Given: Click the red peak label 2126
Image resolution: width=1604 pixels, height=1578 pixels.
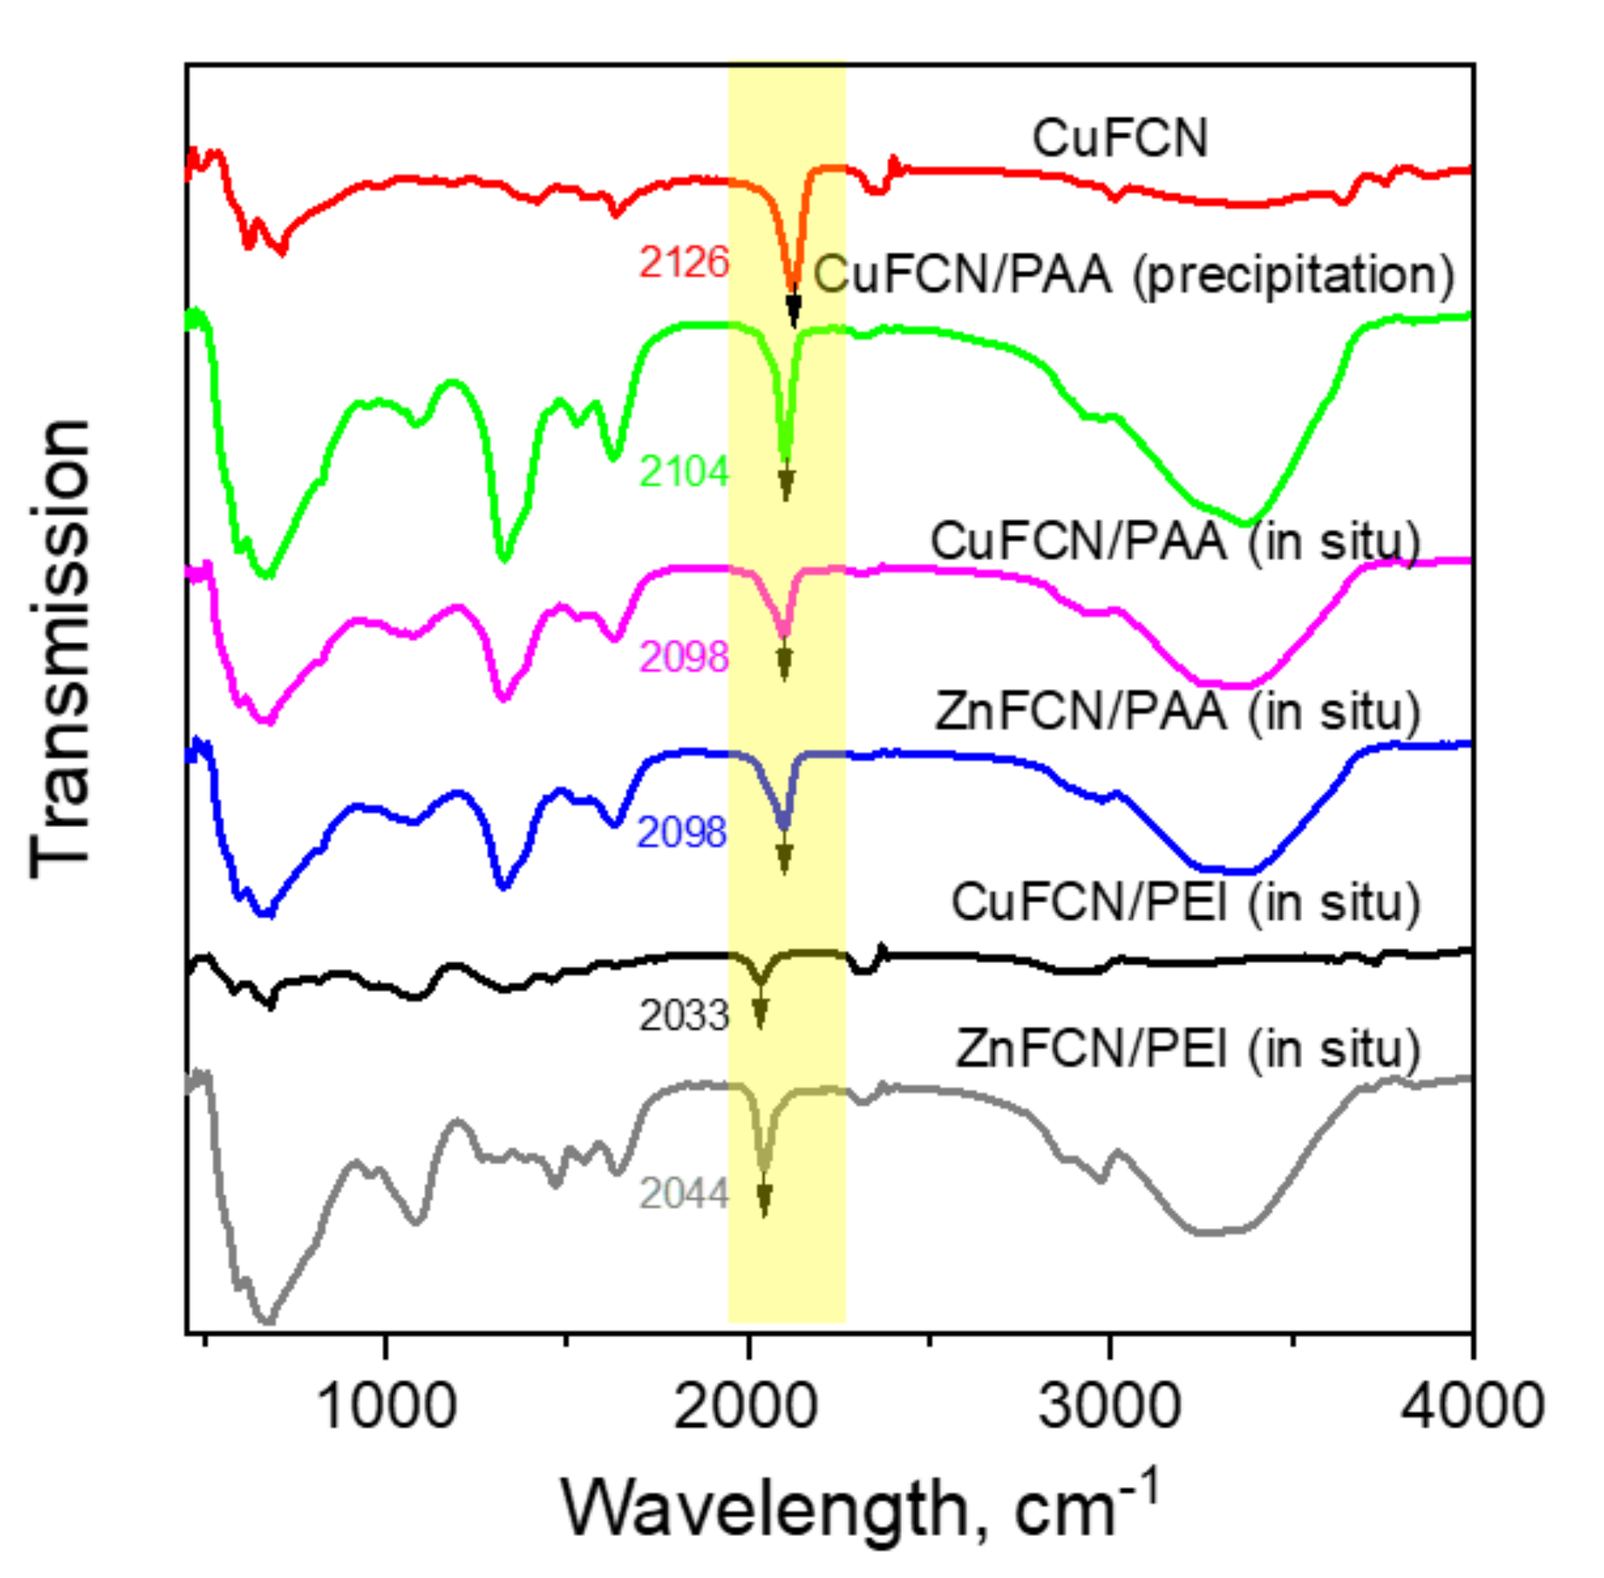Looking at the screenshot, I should (x=683, y=262).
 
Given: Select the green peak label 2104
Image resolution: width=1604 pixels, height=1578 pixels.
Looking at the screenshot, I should (x=683, y=472).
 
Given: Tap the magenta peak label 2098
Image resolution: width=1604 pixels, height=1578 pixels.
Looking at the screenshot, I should (x=683, y=657).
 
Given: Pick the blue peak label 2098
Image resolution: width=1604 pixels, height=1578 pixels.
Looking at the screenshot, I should (x=682, y=832).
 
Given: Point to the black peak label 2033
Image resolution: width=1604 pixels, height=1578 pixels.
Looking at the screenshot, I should (x=683, y=1016).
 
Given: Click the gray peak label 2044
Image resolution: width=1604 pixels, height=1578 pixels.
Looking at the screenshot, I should (x=683, y=1194).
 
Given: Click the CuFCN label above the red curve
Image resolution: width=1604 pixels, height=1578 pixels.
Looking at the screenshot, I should (x=1120, y=138).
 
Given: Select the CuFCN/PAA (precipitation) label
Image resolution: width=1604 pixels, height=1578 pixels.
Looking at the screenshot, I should (x=1134, y=274).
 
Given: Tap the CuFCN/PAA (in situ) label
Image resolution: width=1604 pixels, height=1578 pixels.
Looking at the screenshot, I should (x=1175, y=541).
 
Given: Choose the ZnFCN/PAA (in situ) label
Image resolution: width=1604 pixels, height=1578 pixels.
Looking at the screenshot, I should (x=1177, y=711).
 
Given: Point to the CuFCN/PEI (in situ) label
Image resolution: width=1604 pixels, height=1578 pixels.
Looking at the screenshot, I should (x=1185, y=902).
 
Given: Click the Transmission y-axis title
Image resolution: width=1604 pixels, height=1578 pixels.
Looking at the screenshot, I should (x=59, y=649).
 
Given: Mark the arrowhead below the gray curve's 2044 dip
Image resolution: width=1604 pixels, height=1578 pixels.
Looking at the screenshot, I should (x=764, y=1199).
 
